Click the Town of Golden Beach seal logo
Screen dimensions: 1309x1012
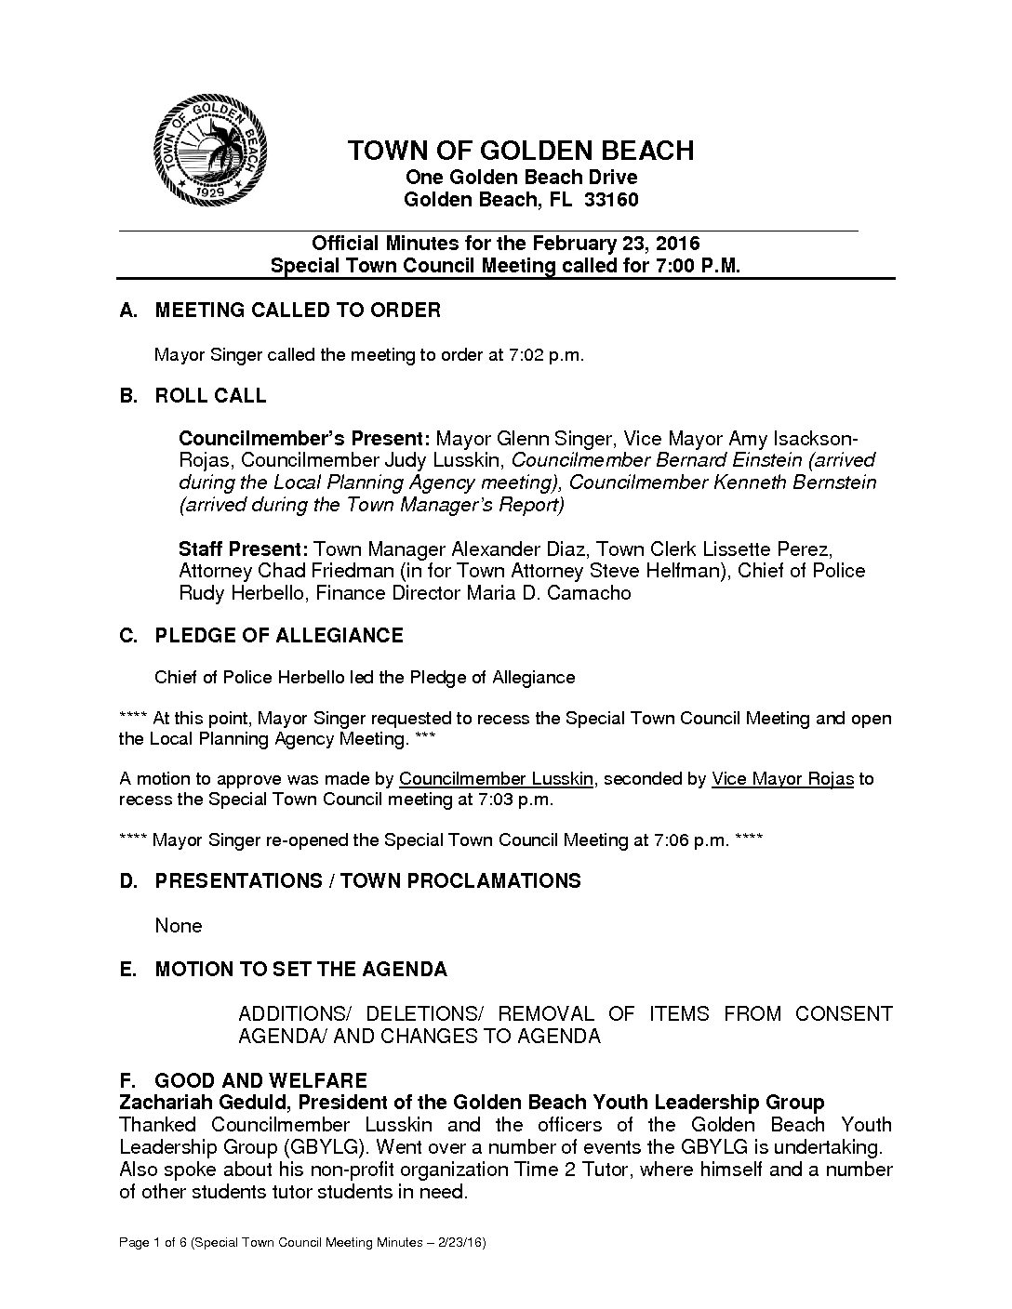(212, 151)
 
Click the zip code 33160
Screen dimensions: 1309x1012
(611, 200)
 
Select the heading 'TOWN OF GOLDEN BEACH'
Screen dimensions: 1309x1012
(520, 151)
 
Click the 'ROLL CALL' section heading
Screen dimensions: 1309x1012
(210, 396)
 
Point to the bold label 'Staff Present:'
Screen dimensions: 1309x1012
(244, 549)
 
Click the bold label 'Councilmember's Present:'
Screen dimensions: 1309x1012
(304, 438)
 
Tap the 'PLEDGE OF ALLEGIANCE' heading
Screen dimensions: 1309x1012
(278, 636)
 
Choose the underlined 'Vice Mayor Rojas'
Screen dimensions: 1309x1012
(782, 779)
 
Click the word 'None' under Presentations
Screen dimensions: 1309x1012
(178, 926)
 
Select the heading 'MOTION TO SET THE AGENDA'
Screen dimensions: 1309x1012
(300, 970)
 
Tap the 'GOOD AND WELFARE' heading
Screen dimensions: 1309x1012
(260, 1080)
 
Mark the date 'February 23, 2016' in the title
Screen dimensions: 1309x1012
(616, 244)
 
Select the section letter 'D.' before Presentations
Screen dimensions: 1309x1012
(129, 881)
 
